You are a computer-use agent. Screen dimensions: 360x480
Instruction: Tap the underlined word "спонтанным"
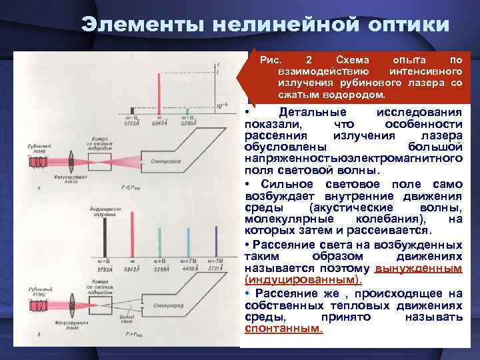pyautogui.click(x=283, y=329)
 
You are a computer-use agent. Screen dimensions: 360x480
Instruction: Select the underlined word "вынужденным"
pyautogui.click(x=419, y=268)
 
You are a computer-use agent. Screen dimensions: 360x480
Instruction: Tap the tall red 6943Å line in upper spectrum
pyautogui.click(x=159, y=87)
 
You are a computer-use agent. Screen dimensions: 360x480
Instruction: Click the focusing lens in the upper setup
pyautogui.click(x=70, y=161)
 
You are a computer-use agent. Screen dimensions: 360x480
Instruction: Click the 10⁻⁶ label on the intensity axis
pyautogui.click(x=221, y=106)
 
